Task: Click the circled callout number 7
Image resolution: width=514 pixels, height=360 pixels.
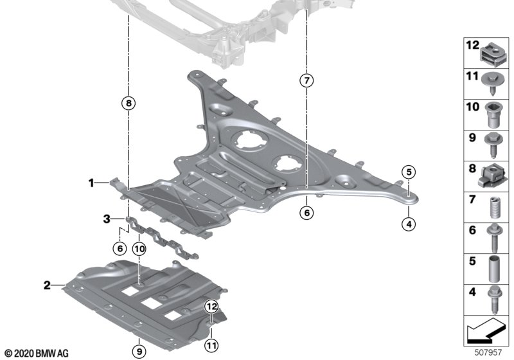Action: tap(306, 81)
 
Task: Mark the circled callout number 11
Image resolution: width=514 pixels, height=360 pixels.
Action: tap(211, 346)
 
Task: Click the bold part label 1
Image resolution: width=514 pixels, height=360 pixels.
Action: tap(92, 184)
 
